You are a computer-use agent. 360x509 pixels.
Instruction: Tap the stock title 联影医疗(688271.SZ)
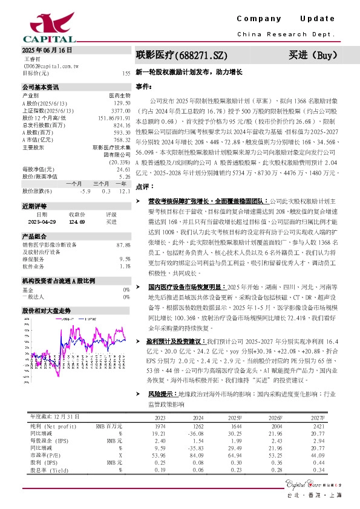point(181,56)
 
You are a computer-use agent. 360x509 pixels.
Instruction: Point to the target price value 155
point(126,73)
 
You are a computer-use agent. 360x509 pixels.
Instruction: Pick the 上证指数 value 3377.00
point(121,110)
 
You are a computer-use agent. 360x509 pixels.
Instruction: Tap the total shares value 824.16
point(122,125)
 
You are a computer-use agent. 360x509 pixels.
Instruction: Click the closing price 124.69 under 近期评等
point(77,222)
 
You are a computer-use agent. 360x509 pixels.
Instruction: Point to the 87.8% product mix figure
point(123,244)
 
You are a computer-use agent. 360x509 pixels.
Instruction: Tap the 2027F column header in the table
point(318,417)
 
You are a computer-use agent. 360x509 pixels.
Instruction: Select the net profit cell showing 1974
point(160,426)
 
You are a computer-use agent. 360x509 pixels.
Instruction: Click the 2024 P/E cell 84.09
point(198,456)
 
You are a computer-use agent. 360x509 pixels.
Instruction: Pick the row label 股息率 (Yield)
point(48,470)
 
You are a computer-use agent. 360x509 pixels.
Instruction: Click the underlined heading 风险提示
point(162,393)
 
